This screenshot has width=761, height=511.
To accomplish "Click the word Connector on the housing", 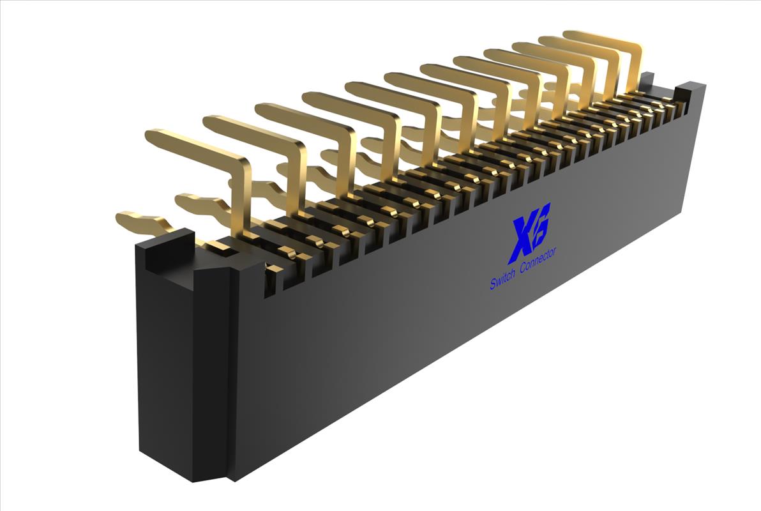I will [538, 261].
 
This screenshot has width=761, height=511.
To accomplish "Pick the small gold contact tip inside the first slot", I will [273, 269].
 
